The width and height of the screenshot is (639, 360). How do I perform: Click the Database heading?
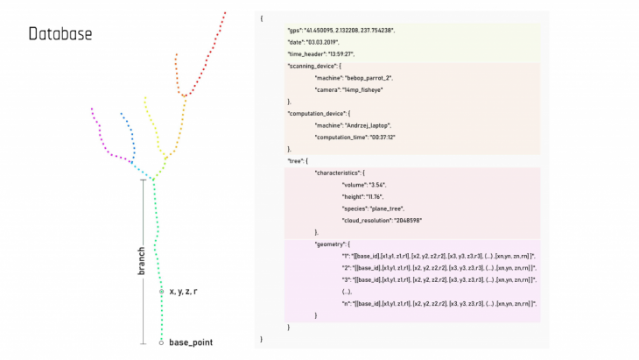coord(60,34)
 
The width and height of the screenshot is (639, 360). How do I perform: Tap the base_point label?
coord(191,342)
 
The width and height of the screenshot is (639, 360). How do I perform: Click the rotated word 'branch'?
coord(141,260)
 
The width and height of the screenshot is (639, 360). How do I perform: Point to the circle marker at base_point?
coord(161,342)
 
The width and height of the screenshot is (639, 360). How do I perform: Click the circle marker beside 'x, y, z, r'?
coord(161,290)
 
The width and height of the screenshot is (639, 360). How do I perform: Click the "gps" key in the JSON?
coord(295,31)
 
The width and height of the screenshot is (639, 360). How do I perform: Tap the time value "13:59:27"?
coord(341,53)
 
